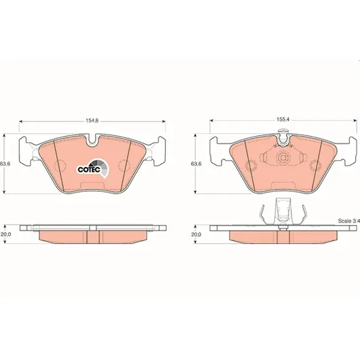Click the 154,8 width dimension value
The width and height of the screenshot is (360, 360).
click(92, 121)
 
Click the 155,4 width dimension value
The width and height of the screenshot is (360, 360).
click(283, 119)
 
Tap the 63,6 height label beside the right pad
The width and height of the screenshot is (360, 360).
click(196, 164)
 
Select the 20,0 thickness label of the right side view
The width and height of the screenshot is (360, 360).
click(196, 235)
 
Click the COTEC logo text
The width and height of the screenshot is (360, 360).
click(89, 170)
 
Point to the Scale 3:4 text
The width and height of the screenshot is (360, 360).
click(349, 221)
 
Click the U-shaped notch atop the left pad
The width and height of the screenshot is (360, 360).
click(93, 141)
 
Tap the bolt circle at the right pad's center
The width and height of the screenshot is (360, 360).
click(283, 157)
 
